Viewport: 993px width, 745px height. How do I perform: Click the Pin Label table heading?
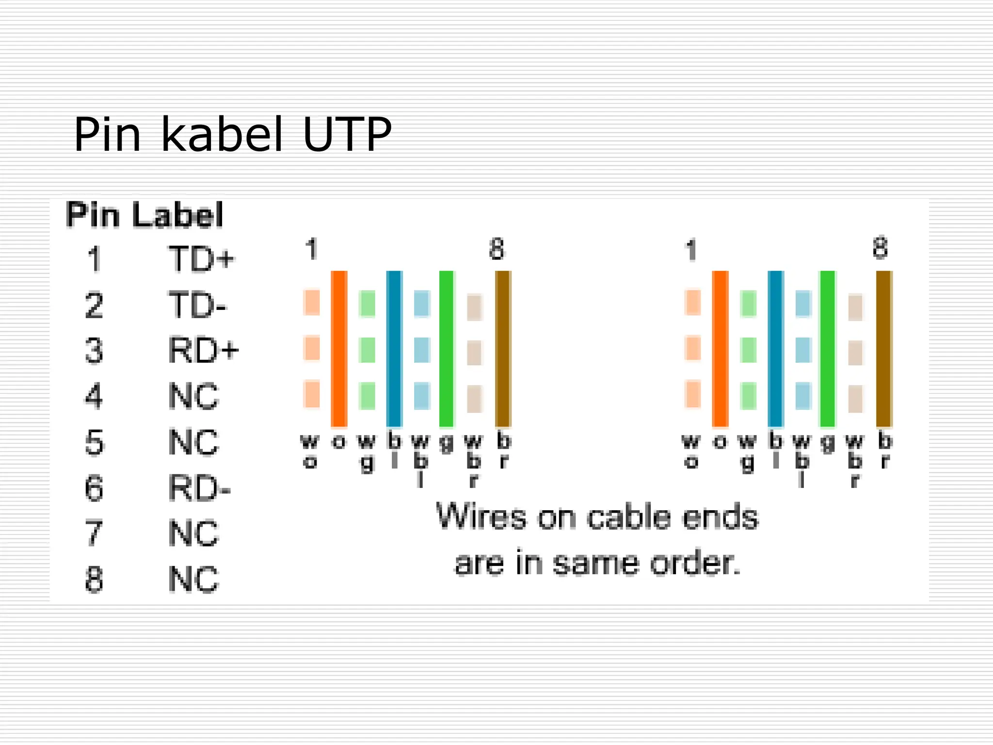(144, 214)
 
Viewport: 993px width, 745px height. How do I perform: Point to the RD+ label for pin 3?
(203, 350)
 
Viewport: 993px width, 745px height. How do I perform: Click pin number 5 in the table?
(94, 442)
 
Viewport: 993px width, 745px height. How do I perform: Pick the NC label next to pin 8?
(193, 579)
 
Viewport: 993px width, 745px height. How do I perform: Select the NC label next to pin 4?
(193, 396)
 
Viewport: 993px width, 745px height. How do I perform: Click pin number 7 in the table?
(94, 533)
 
